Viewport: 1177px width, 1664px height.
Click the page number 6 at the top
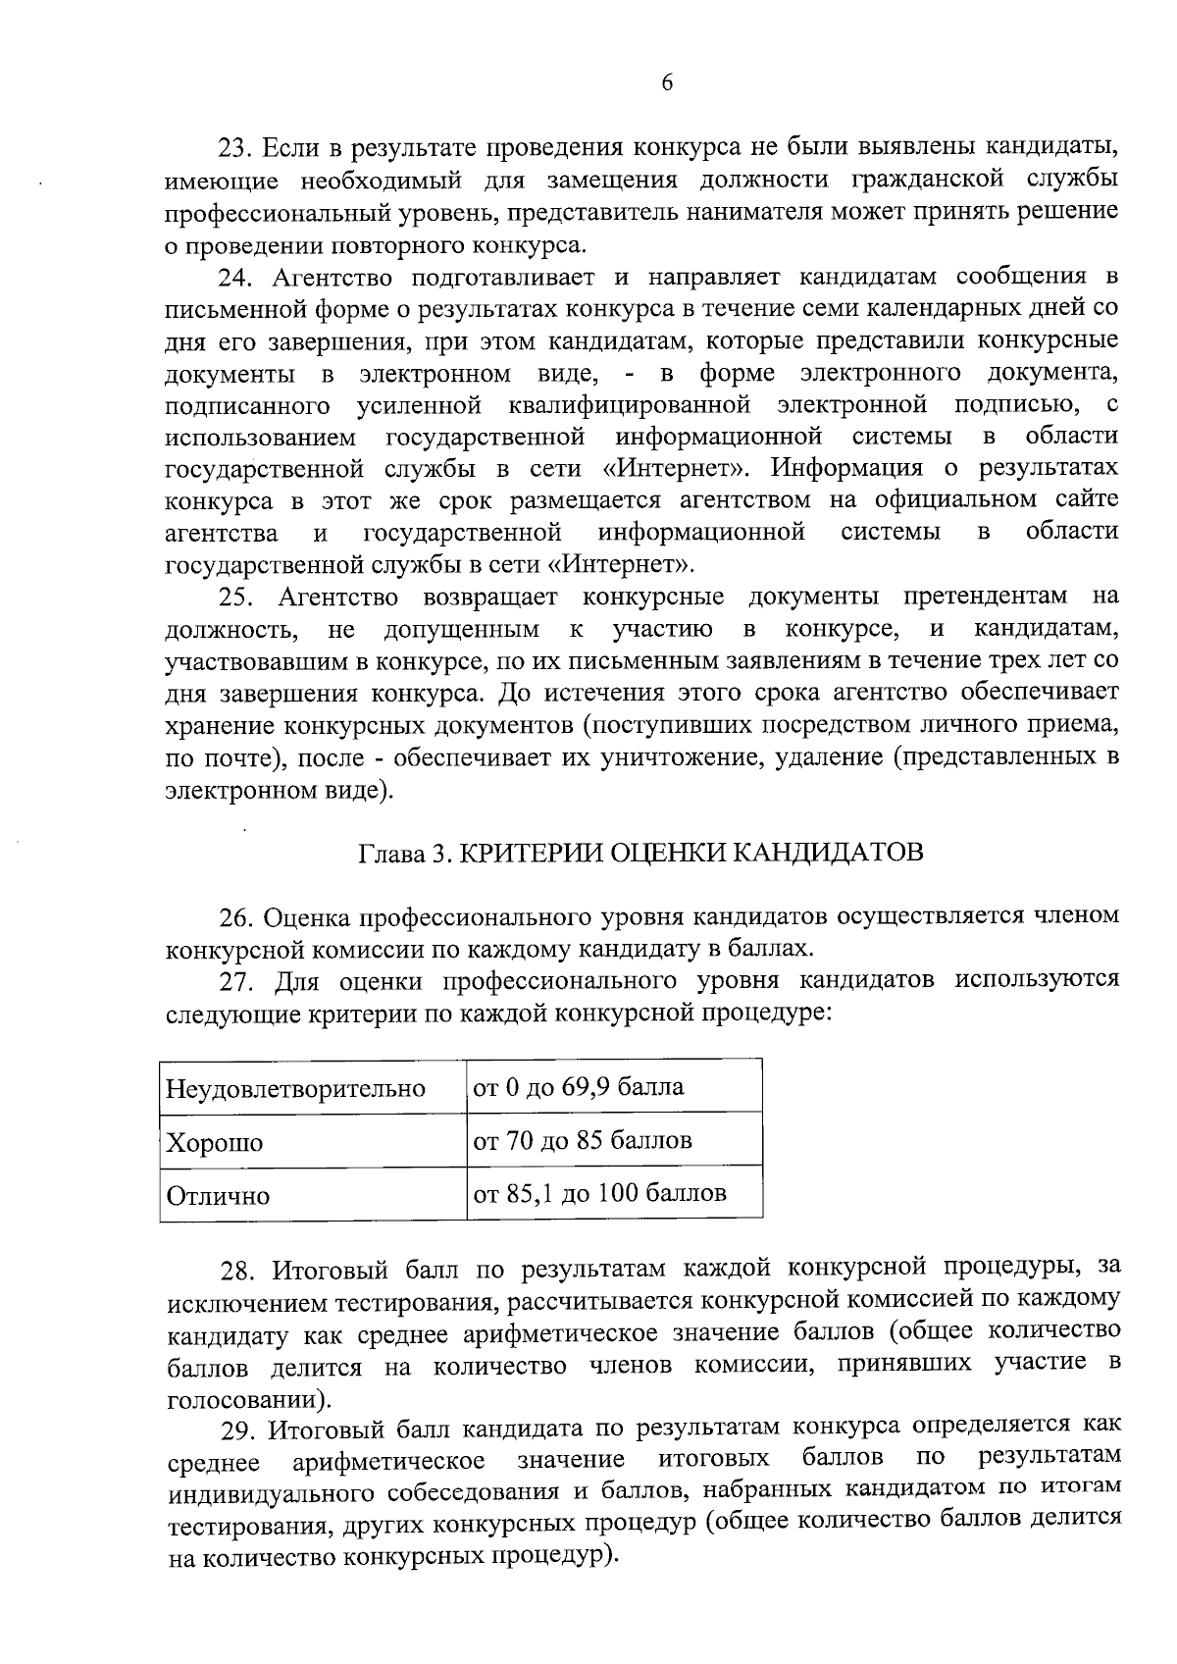point(666,84)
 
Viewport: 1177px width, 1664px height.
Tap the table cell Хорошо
point(215,1143)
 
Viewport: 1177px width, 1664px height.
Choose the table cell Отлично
point(218,1197)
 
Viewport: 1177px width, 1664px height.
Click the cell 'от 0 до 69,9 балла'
point(579,1087)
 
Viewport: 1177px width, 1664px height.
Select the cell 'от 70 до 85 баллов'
point(583,1141)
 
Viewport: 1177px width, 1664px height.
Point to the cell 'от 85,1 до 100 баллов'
point(599,1194)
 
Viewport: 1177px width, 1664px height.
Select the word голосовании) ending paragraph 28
point(249,1397)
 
